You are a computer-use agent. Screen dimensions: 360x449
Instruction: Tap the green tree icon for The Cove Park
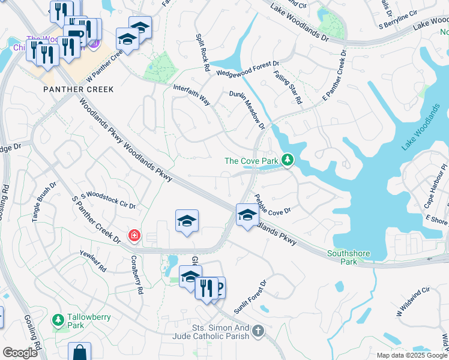[289, 160]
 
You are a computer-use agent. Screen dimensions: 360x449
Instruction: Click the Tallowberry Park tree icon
[58, 319]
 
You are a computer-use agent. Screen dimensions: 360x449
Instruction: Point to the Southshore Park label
[348, 257]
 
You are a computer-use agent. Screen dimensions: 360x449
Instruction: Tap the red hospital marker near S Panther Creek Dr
[134, 235]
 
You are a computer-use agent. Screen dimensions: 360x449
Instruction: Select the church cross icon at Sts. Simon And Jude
[258, 331]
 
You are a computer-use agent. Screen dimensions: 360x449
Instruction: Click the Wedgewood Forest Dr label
[248, 68]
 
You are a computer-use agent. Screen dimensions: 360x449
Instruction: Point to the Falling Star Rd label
[288, 89]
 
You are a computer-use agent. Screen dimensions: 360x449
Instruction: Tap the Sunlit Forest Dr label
[250, 297]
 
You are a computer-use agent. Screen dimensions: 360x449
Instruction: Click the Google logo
[20, 353]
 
